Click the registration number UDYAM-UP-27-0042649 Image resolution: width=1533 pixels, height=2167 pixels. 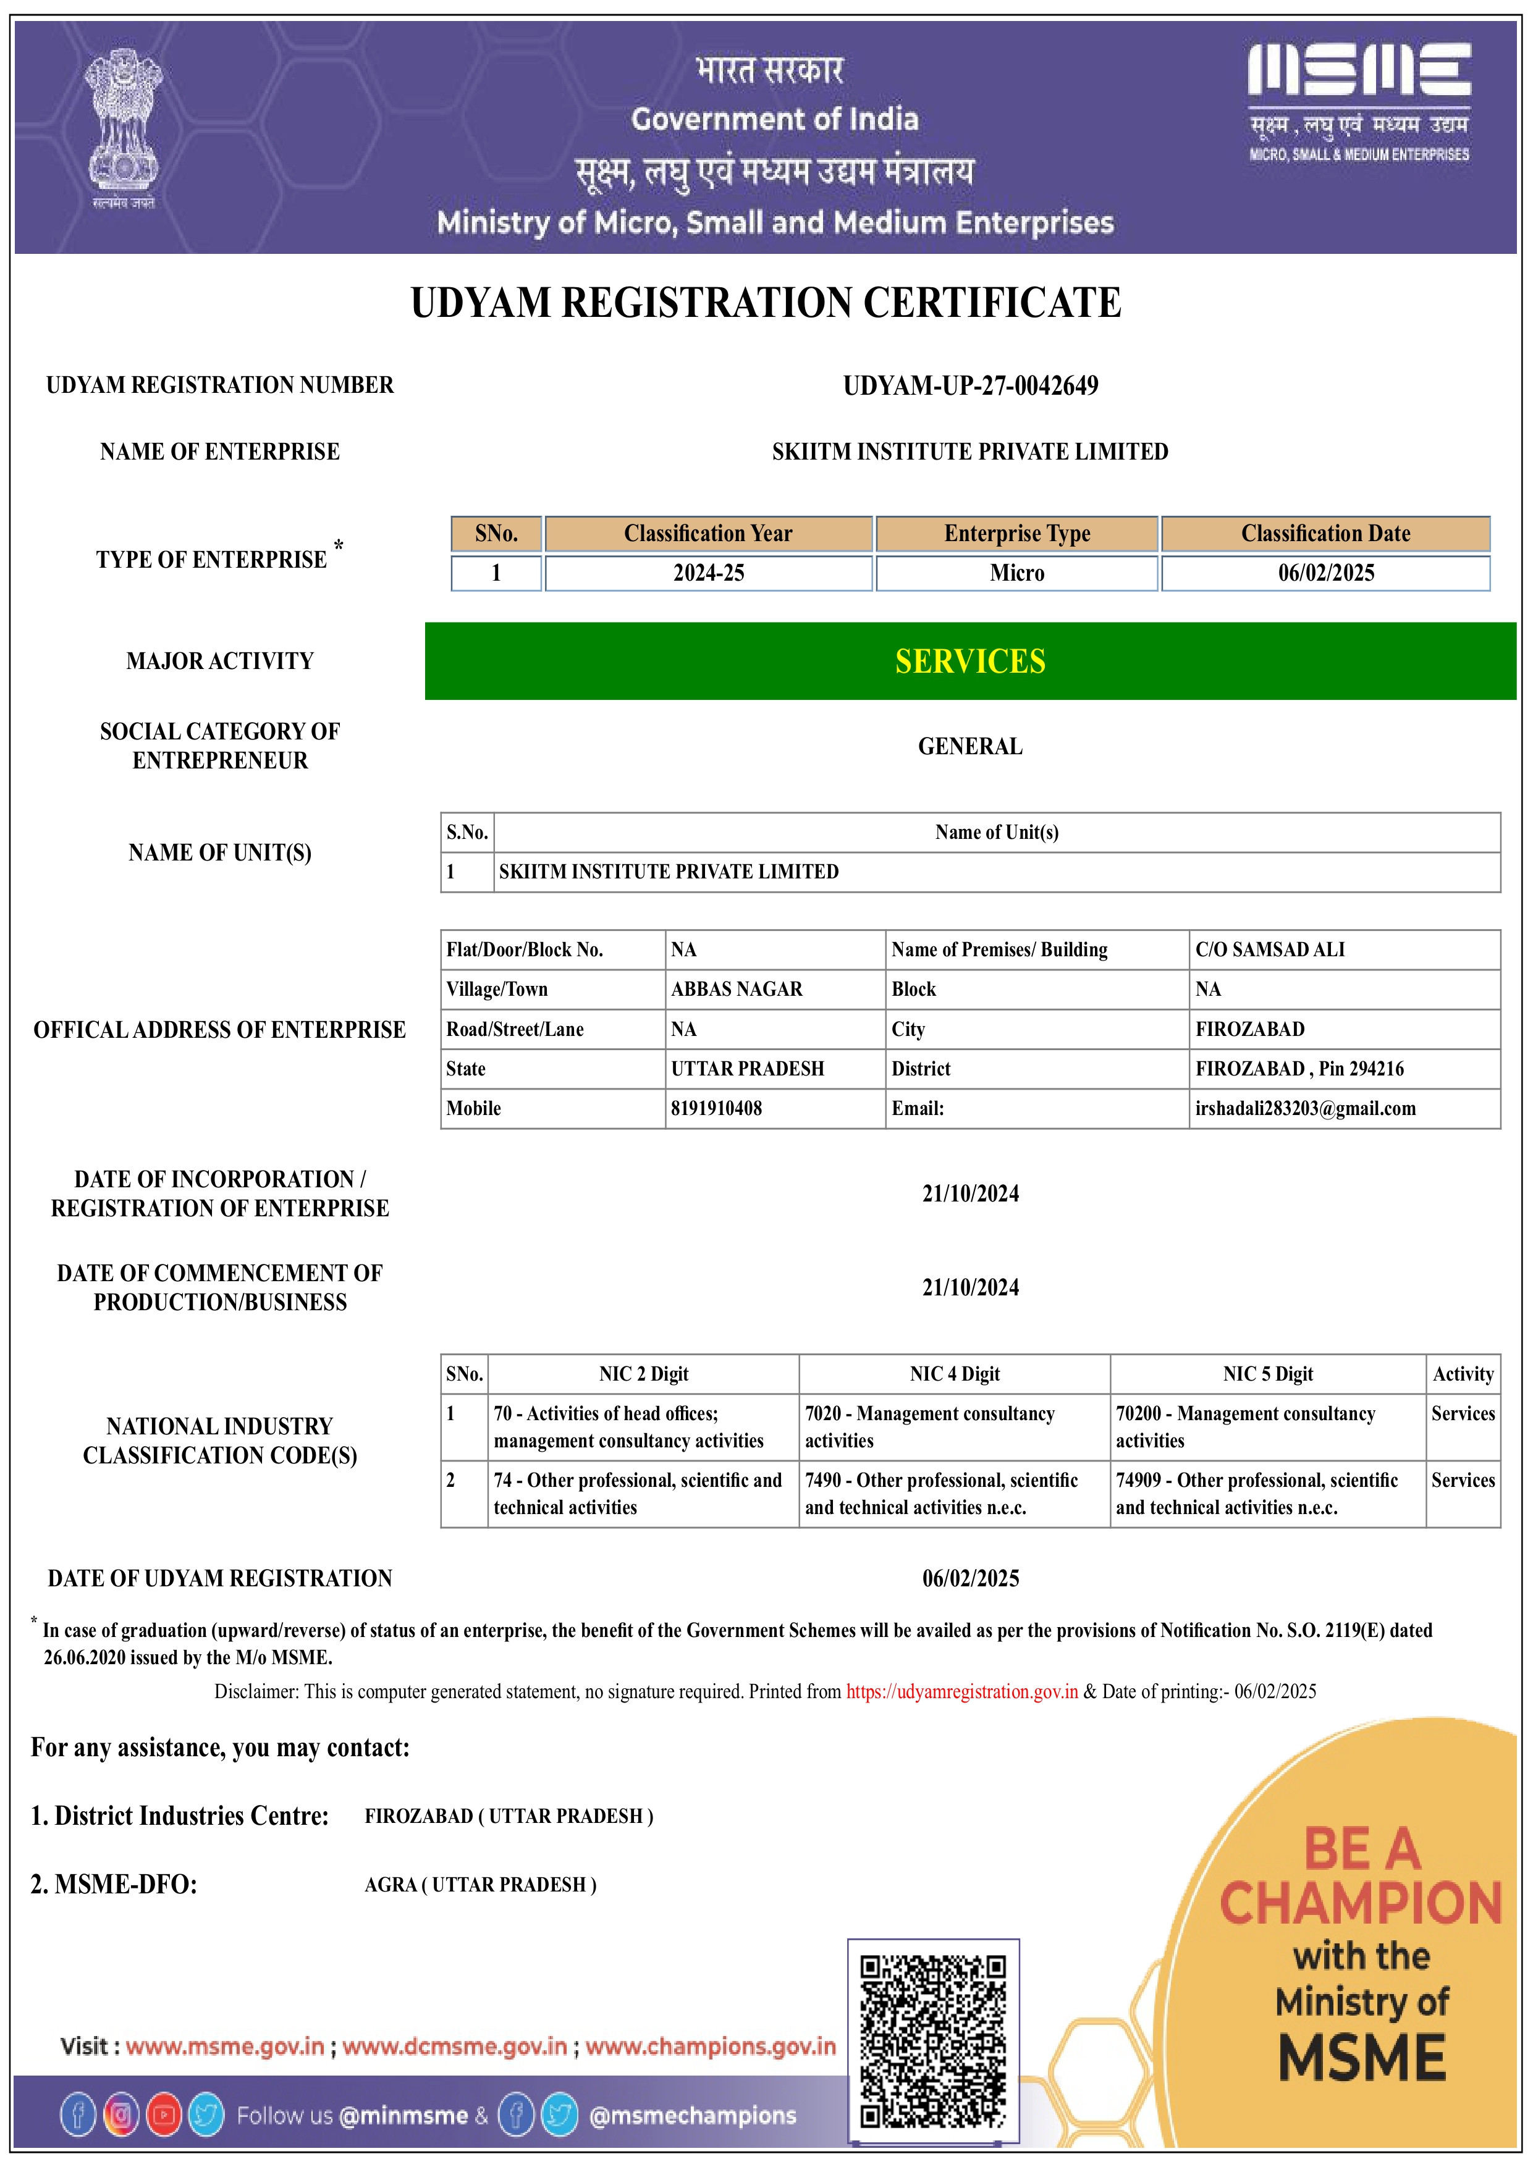pos(969,386)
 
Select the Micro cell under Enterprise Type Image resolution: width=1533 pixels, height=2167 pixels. pos(1016,573)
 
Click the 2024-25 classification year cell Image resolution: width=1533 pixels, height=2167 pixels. pos(708,573)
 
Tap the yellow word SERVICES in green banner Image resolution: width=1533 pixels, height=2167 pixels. pos(969,662)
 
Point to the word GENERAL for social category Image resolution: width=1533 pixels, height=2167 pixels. pos(969,747)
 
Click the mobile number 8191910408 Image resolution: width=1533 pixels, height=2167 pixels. pos(717,1108)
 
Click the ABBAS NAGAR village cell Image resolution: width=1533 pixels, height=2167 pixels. pos(737,989)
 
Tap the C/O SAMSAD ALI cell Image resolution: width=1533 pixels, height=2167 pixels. pos(1270,949)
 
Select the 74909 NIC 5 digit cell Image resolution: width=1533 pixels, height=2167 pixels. pos(1256,1493)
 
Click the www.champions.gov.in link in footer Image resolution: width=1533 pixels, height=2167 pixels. pos(710,2046)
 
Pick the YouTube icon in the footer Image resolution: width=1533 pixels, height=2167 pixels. pos(164,2115)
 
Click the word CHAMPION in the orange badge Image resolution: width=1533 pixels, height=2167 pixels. pos(1360,1903)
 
